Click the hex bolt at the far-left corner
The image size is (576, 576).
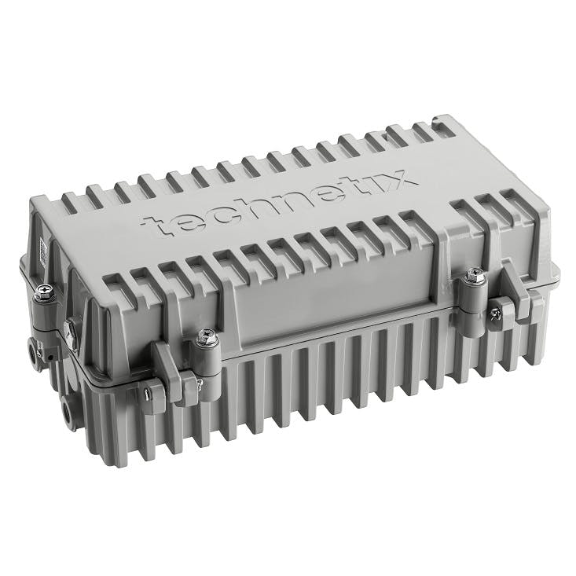click(45, 292)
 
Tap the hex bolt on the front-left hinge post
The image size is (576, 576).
click(207, 337)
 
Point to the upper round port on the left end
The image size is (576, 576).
click(34, 349)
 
